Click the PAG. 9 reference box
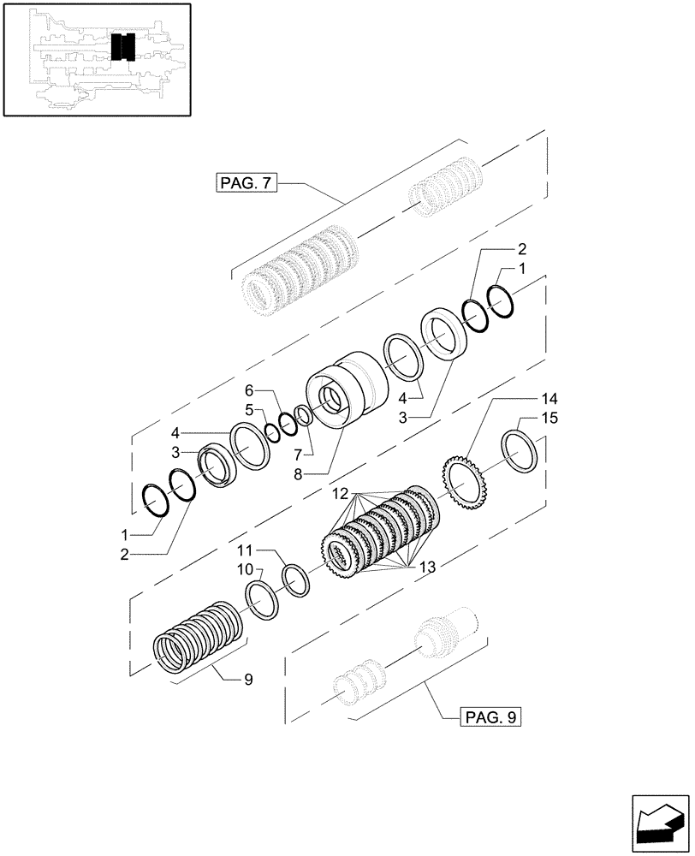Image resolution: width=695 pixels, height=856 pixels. pos(489,716)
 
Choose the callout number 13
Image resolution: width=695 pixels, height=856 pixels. pos(427,566)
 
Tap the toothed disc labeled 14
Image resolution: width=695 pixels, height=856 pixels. pos(466,484)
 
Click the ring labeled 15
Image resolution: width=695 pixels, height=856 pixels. pos(520,451)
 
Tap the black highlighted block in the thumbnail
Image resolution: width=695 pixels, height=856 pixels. pos(123,47)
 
